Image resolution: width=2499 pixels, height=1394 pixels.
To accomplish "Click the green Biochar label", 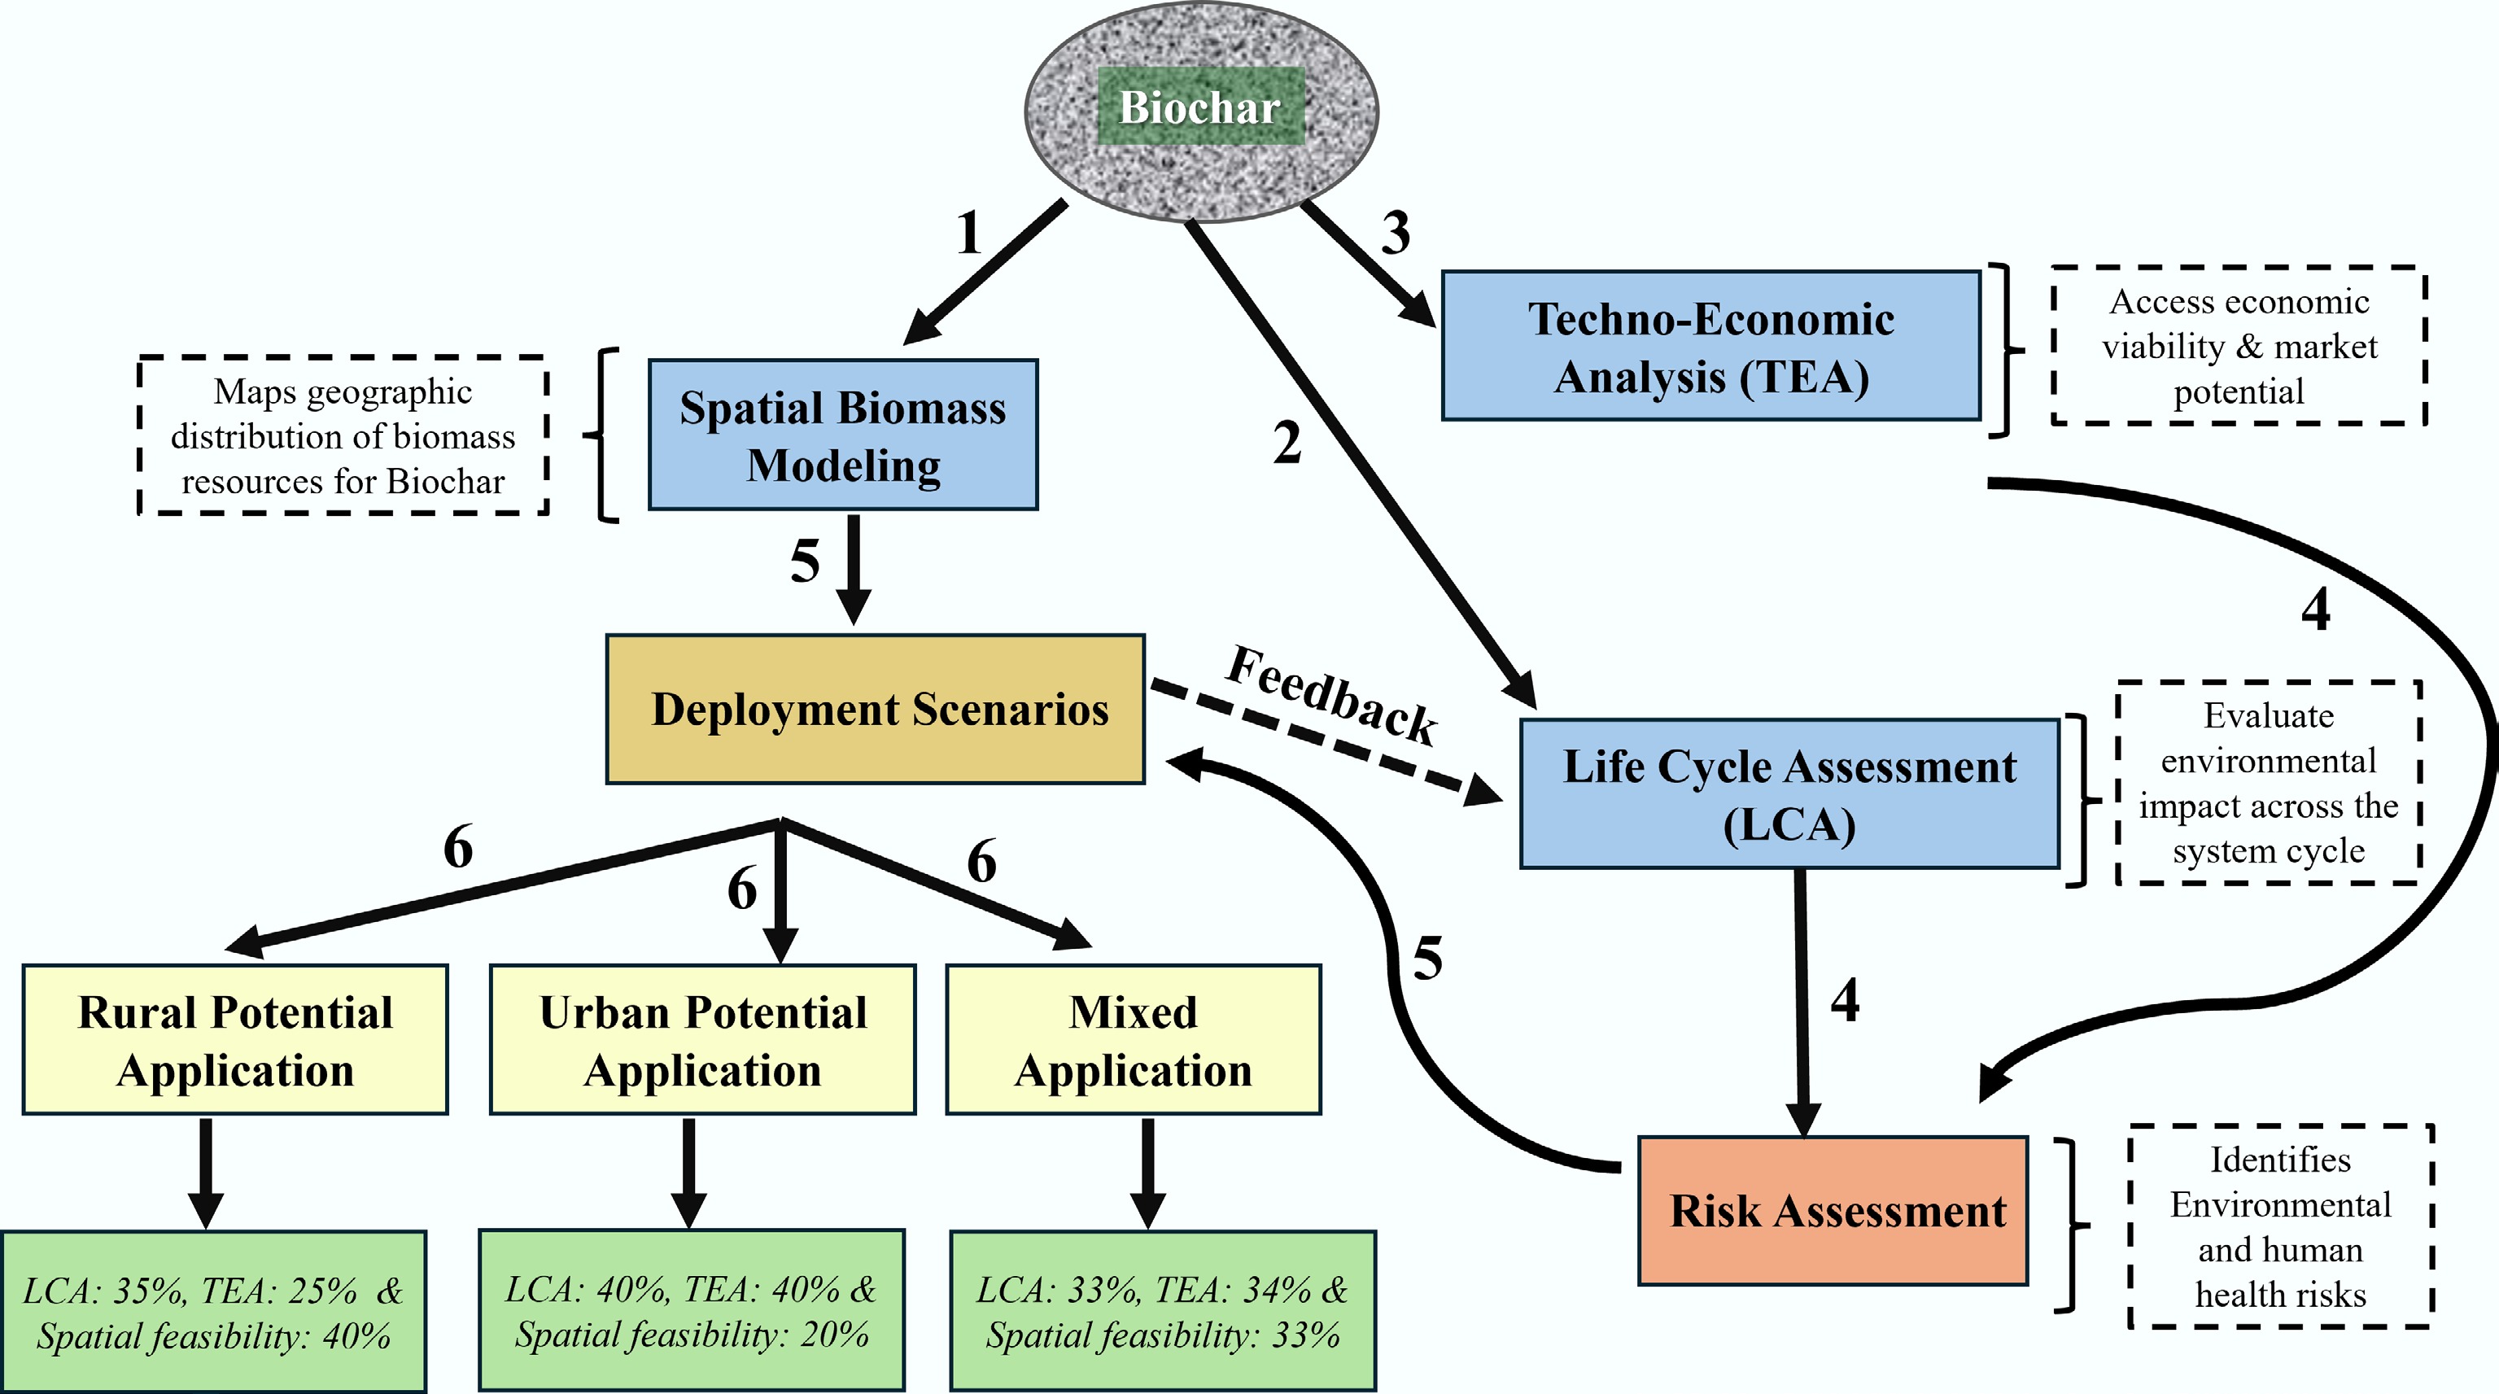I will (x=1200, y=107).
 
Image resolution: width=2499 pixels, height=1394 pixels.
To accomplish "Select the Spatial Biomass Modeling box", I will (x=842, y=435).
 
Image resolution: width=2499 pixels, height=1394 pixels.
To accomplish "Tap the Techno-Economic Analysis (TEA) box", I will (x=1710, y=347).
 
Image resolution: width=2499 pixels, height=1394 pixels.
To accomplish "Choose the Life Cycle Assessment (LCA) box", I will (x=1789, y=793).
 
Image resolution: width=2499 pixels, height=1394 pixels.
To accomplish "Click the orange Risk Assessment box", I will (x=1833, y=1211).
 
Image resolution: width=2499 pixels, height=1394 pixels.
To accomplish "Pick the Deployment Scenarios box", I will (x=875, y=709).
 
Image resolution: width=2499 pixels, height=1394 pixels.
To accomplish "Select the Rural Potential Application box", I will (x=235, y=1040).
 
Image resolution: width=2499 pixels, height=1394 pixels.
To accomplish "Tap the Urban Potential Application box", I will (x=702, y=1040).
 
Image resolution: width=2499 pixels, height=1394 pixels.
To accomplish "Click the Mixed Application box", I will (x=1133, y=1040).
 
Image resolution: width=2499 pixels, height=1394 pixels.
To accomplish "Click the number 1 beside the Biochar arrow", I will (x=968, y=234).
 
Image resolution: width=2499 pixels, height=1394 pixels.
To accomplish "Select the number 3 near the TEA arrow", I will (x=1395, y=233).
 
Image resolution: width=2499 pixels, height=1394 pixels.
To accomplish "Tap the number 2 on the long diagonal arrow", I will (x=1287, y=444).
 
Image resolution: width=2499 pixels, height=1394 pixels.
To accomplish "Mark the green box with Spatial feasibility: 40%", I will (x=213, y=1312).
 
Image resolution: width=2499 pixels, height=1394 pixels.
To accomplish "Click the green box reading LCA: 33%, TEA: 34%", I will (x=1162, y=1312).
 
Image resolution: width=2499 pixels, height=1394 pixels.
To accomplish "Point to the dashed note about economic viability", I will (x=2239, y=347).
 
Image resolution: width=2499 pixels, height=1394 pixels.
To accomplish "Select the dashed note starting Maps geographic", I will (x=343, y=435).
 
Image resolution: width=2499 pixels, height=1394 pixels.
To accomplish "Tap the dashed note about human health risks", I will (x=2280, y=1226).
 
